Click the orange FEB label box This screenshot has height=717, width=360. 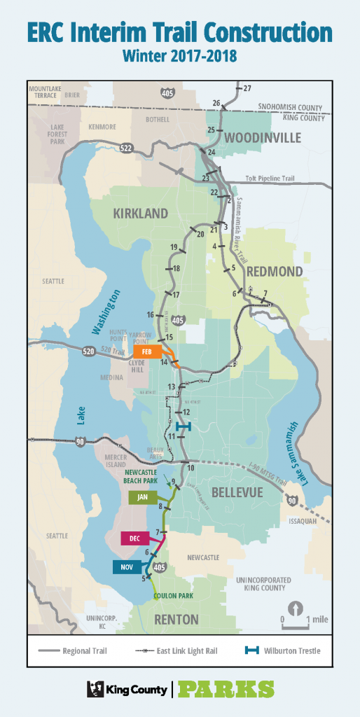(146, 351)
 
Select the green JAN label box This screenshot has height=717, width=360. (143, 497)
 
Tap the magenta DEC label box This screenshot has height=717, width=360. (135, 538)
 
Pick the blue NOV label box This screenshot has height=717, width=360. (127, 566)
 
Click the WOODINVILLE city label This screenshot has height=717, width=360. (263, 138)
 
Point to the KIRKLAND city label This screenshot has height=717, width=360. (141, 213)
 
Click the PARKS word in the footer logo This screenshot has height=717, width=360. (226, 689)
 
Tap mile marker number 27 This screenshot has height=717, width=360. (246, 89)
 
